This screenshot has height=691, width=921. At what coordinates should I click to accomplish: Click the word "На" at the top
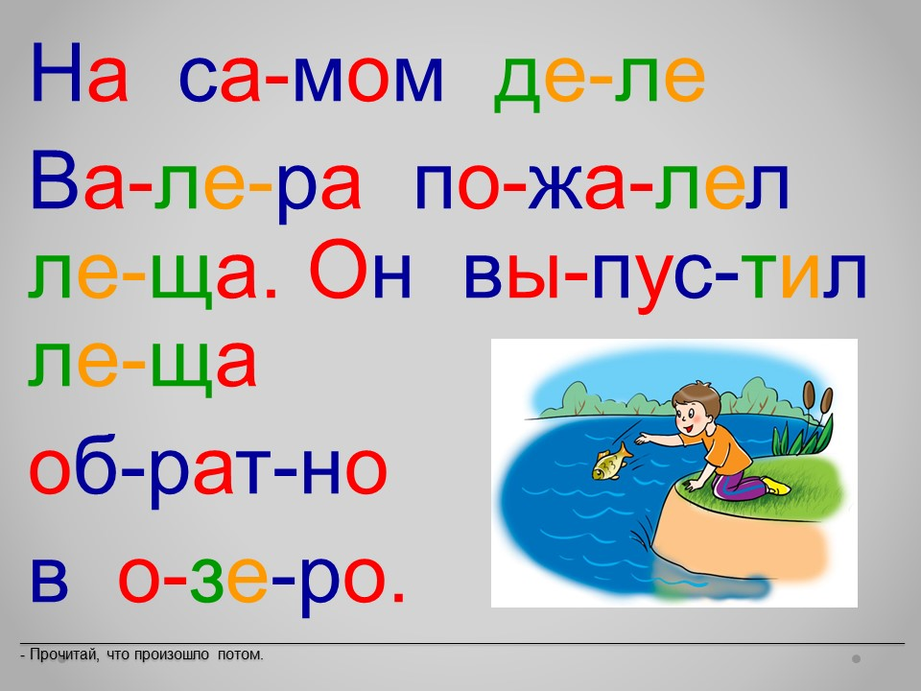(x=79, y=72)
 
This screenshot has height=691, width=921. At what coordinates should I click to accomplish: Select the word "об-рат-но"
(x=208, y=473)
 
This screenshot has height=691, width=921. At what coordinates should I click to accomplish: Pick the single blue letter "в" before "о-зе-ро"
(x=49, y=580)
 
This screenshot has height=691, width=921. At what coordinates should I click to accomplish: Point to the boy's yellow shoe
(x=776, y=486)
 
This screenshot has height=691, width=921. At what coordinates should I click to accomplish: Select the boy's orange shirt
(x=727, y=449)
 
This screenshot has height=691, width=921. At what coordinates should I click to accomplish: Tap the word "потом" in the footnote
(x=240, y=655)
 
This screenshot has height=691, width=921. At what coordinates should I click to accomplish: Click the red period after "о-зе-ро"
(x=398, y=596)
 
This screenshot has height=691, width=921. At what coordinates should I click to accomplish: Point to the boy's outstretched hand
(x=643, y=439)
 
